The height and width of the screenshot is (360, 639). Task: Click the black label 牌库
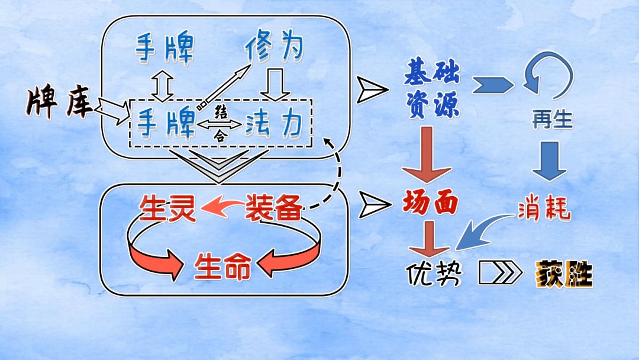click(58, 102)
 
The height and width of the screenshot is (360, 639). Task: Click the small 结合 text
click(220, 124)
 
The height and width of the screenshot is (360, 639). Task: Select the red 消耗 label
click(544, 210)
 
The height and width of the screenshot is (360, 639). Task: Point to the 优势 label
click(433, 273)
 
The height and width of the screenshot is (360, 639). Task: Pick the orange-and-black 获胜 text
click(564, 274)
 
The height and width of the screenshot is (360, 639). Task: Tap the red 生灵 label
click(167, 208)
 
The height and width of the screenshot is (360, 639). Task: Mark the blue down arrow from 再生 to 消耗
click(550, 160)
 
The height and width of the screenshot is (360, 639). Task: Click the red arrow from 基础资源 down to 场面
click(428, 155)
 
